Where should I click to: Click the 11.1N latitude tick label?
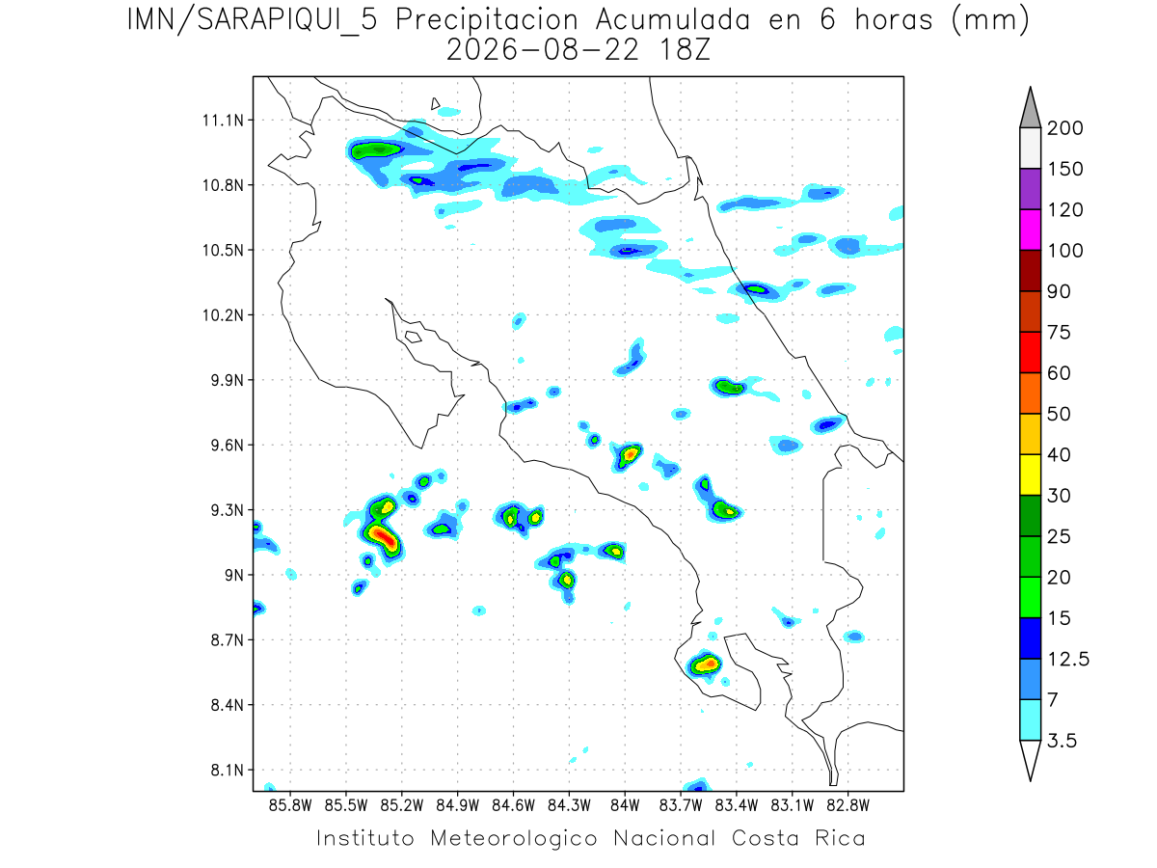click(223, 121)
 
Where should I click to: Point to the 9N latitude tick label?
click(234, 575)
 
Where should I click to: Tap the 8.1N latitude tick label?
click(228, 770)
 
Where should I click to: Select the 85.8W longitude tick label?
click(290, 806)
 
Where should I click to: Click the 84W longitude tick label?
click(625, 806)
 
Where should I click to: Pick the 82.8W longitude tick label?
click(848, 806)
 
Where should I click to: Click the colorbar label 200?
click(1064, 128)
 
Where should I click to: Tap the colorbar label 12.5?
click(1068, 659)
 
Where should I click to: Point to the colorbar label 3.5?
click(1062, 741)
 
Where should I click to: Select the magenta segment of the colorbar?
click(1030, 230)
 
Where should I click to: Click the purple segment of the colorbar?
click(1030, 189)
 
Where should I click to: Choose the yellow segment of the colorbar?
click(1030, 475)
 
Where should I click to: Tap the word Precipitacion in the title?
click(487, 20)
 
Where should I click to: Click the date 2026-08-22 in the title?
click(543, 50)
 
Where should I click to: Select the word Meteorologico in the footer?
click(513, 838)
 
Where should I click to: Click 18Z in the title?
click(685, 50)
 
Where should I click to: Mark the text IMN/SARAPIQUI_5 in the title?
click(252, 21)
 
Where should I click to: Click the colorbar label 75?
click(1059, 332)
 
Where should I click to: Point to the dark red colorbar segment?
click(1030, 271)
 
